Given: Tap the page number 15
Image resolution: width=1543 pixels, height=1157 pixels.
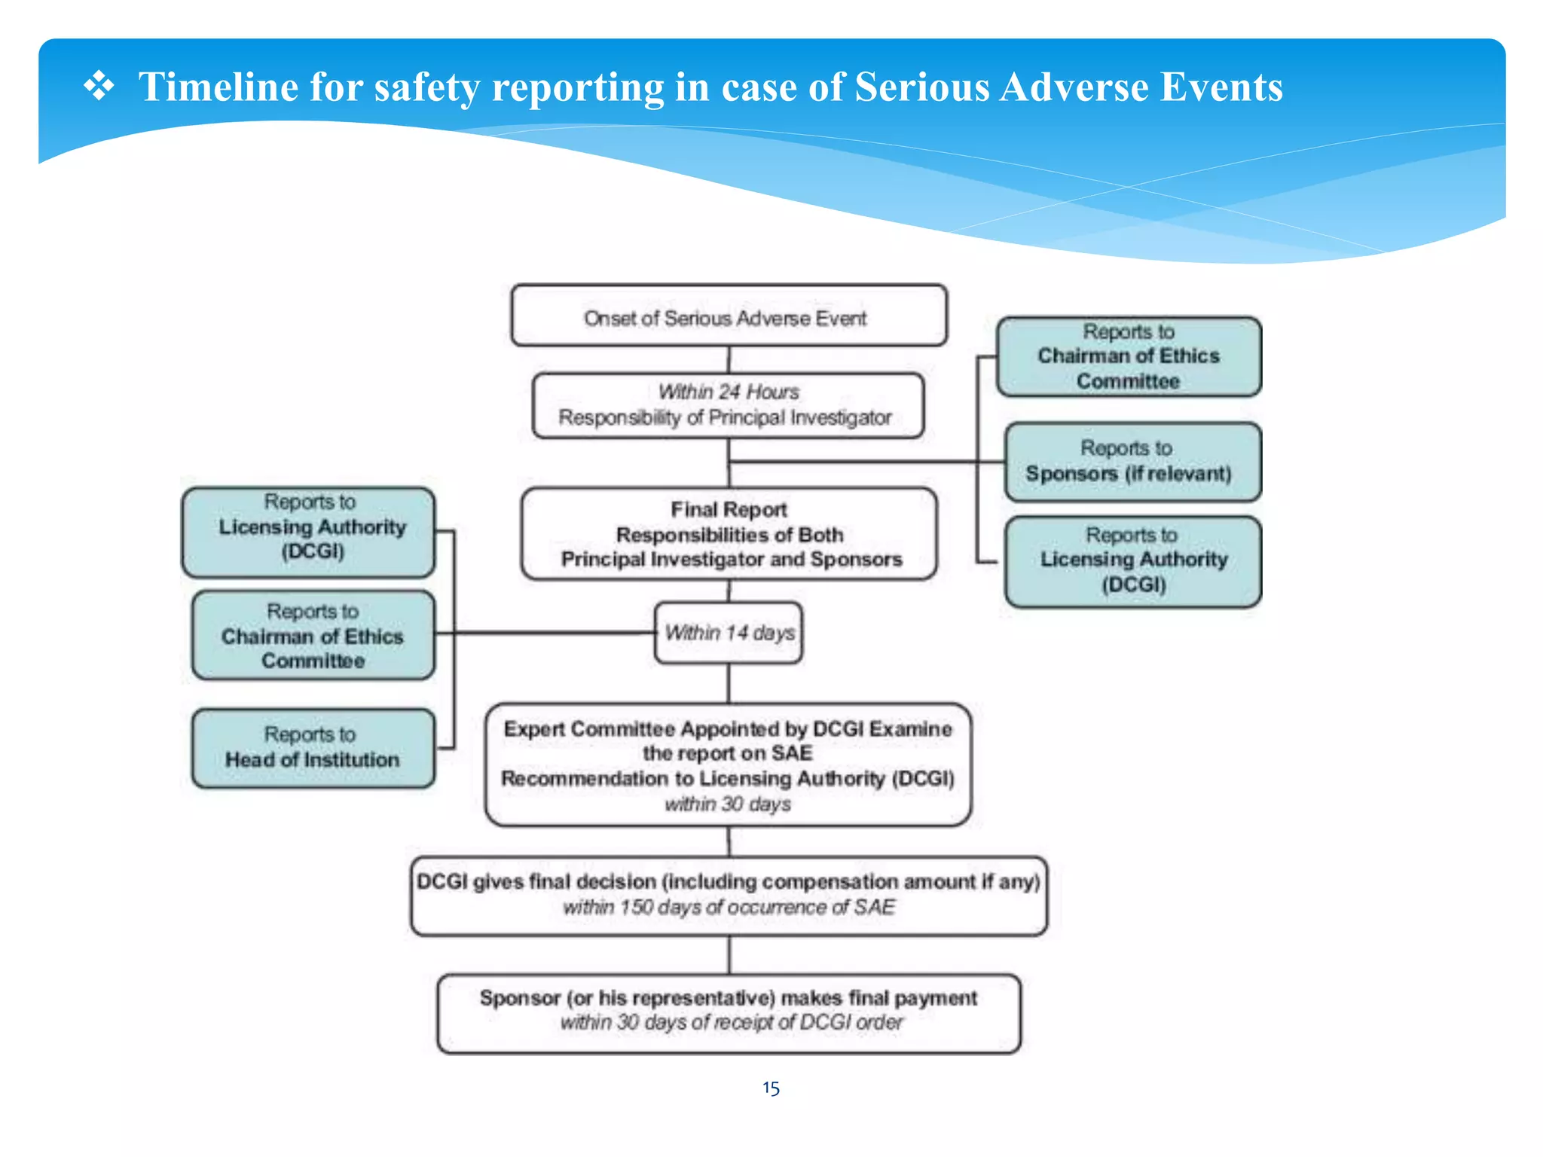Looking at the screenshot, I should (x=771, y=1088).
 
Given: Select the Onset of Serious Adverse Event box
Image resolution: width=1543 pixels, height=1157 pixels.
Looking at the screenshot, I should (x=728, y=316).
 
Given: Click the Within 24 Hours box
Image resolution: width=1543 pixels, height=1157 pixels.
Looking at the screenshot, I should (x=728, y=405).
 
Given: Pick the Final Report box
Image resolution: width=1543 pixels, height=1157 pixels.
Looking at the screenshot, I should (x=729, y=534).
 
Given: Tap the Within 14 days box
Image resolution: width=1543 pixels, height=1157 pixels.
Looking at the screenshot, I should (x=729, y=633).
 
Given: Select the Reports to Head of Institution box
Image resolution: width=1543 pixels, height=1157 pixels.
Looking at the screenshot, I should (x=313, y=748).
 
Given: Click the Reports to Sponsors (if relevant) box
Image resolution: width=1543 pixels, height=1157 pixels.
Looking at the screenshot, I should (x=1132, y=462).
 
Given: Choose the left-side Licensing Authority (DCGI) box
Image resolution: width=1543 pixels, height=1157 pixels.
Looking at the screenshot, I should (x=308, y=533).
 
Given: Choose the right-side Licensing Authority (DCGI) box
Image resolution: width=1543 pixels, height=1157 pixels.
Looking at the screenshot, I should (x=1132, y=561).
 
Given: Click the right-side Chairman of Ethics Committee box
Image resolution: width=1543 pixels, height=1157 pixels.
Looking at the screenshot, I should (x=1128, y=356).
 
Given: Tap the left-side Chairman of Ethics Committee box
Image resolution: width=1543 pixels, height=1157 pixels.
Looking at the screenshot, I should (x=313, y=635).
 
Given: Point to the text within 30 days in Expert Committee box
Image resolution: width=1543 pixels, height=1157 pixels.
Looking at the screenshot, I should (x=728, y=804).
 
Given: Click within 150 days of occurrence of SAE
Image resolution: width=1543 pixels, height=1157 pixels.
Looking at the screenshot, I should (x=729, y=907).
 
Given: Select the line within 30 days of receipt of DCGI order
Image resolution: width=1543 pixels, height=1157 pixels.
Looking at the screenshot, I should (x=731, y=1022).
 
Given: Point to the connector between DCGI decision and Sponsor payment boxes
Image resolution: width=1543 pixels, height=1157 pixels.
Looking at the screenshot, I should (x=729, y=954).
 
